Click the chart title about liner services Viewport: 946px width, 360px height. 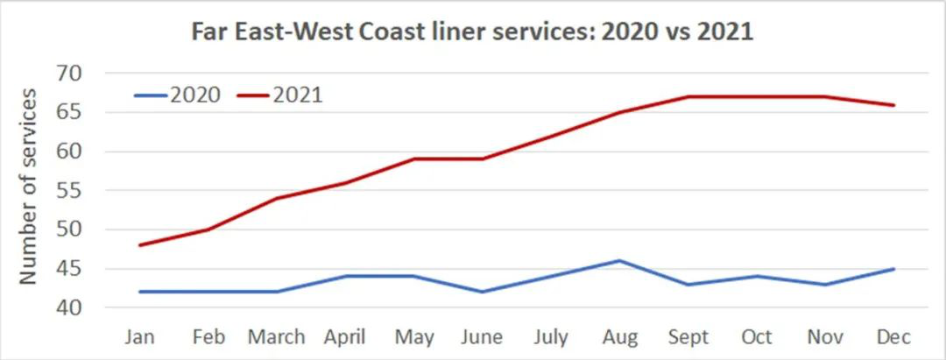473,33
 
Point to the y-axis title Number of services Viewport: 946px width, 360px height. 28,186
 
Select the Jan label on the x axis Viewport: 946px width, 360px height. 140,337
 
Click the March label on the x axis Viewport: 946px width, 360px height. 277,337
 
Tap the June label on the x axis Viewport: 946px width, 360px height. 482,337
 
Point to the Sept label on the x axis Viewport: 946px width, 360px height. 688,337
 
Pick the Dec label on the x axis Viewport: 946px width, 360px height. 893,337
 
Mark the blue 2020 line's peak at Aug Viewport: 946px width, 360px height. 619,260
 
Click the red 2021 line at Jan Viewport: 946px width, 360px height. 140,244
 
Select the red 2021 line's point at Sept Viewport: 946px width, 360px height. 688,96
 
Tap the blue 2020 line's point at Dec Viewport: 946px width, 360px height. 893,268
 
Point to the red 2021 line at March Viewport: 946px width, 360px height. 277,198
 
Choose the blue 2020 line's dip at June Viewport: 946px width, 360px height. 482,292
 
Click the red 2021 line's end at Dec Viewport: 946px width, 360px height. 893,105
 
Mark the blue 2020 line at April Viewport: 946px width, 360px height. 345,276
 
